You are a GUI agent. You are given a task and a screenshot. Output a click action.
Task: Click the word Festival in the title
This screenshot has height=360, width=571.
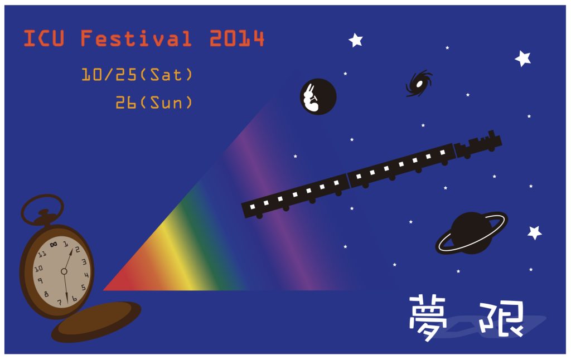tap(136, 38)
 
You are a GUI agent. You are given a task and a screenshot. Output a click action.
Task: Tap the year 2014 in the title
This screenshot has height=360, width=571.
tap(236, 38)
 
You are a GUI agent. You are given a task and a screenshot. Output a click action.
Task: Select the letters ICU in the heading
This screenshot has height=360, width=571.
tap(44, 38)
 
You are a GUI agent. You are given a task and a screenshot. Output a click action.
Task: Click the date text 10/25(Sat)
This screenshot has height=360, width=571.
tap(137, 75)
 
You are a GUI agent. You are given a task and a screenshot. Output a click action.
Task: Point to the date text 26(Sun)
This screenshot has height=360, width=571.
tap(154, 103)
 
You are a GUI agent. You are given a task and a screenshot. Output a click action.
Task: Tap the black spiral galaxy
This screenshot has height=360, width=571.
tap(419, 84)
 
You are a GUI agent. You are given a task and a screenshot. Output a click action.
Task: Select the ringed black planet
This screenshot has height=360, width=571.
tap(471, 233)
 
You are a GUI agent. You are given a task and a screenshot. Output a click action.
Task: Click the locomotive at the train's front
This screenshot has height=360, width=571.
tap(478, 144)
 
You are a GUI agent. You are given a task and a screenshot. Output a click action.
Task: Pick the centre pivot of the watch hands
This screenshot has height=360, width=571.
tap(64, 271)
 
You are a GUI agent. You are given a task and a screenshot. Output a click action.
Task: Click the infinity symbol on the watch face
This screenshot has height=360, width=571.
tap(54, 244)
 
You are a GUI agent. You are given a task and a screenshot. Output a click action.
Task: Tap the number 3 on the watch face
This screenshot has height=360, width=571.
tap(84, 261)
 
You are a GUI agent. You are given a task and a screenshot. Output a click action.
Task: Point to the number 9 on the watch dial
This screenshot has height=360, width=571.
tap(40, 281)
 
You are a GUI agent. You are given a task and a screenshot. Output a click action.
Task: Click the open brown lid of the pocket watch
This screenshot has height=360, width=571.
tap(96, 322)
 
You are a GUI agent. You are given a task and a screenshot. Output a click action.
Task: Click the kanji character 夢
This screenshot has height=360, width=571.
tap(428, 318)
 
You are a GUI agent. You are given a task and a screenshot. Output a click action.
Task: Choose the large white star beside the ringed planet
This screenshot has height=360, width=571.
tap(535, 232)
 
